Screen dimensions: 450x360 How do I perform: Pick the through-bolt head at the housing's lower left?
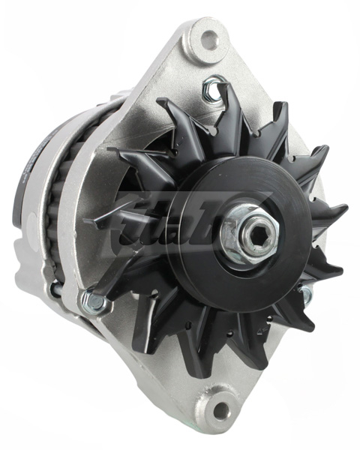(94, 302)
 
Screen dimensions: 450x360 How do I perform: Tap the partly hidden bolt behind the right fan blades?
(306, 296)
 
